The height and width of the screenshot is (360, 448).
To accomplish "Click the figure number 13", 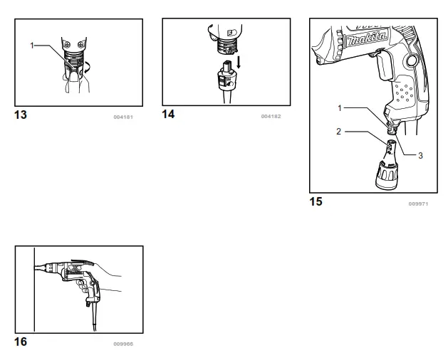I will (21, 115).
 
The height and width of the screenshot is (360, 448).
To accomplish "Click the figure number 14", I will (168, 115).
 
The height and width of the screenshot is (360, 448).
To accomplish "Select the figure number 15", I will (315, 201).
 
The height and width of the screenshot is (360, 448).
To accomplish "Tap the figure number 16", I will (21, 342).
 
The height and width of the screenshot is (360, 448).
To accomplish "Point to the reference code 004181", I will (124, 116).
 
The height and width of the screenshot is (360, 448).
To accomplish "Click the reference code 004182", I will (271, 116).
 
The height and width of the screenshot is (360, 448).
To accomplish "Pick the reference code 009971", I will (418, 203).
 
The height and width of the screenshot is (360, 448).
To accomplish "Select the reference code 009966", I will (123, 344).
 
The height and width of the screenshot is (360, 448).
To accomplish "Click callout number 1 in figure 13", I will (32, 45).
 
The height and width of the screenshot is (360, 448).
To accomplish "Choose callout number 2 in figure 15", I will (339, 131).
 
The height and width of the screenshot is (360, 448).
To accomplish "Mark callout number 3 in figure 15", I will (420, 155).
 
